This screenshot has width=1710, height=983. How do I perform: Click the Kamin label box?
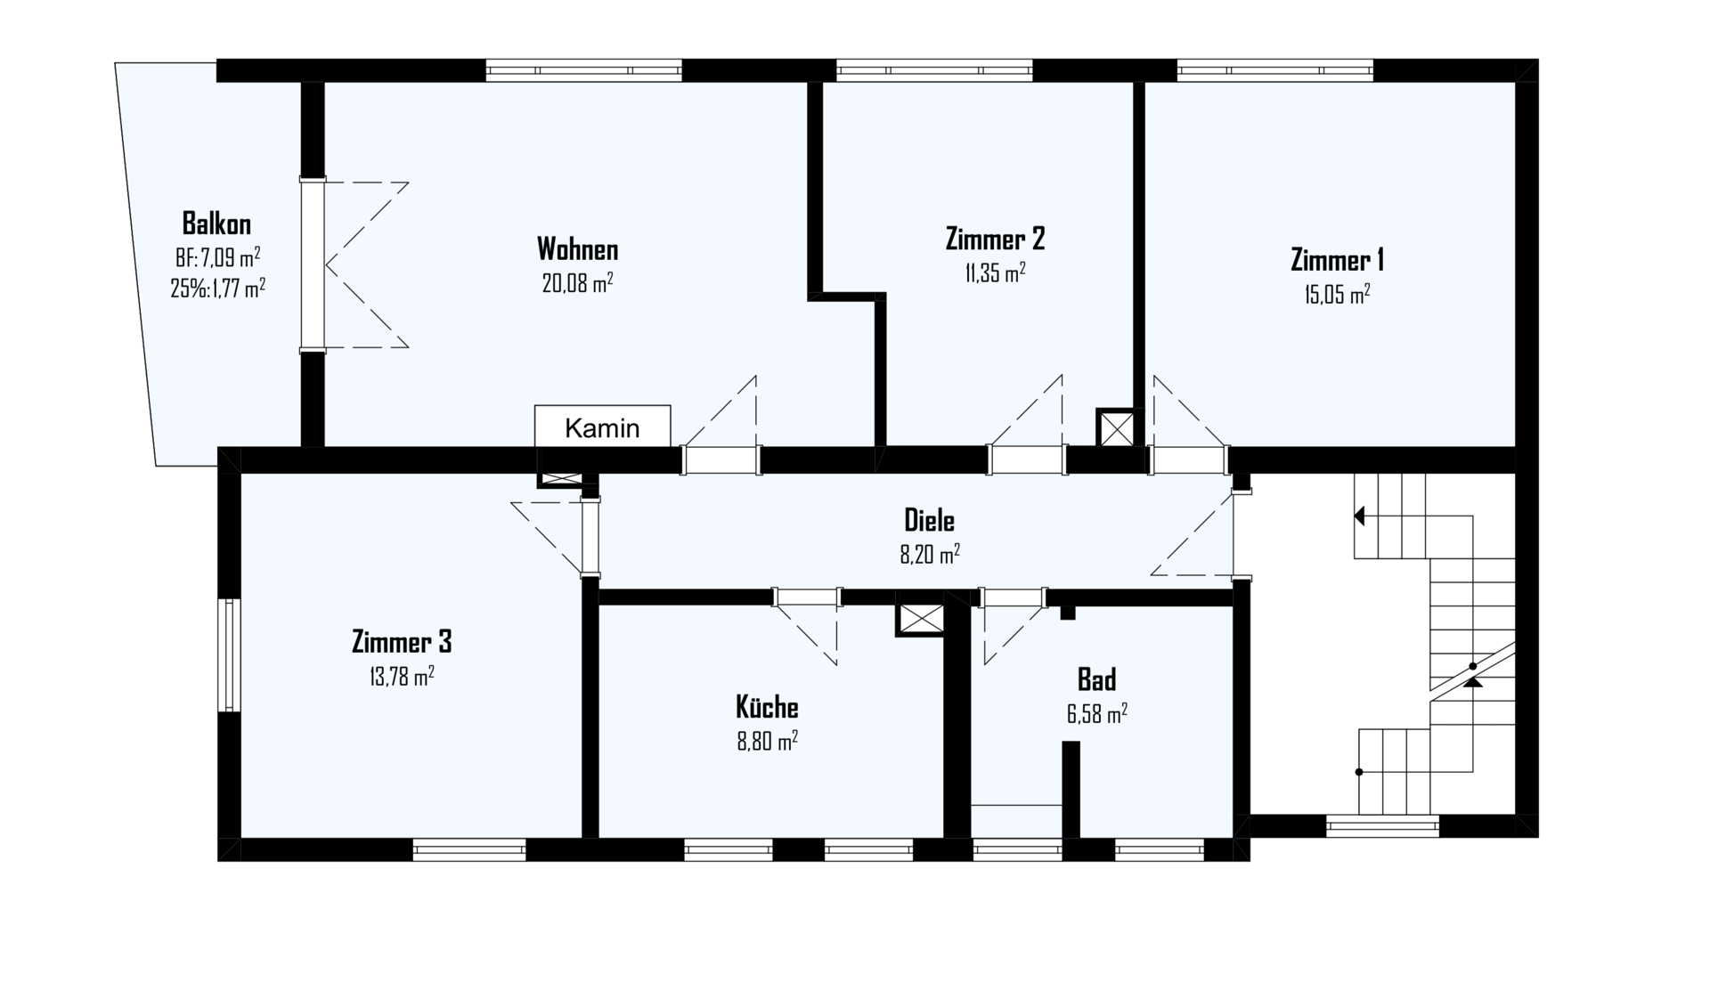[602, 427]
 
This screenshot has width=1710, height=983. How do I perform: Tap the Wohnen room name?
[577, 248]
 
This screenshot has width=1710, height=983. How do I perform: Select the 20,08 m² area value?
[577, 283]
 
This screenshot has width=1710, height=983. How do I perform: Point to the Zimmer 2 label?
[995, 239]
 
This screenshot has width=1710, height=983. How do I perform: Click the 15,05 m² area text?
[1337, 295]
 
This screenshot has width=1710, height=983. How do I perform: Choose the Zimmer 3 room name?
[401, 641]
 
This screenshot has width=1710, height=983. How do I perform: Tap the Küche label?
[767, 707]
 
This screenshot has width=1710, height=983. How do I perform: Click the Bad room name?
[1096, 679]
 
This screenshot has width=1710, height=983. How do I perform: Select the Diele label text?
[929, 520]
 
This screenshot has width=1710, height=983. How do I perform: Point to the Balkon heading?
[216, 223]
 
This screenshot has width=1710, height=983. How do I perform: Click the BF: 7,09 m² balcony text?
[217, 258]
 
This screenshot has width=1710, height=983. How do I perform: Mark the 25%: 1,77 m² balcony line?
[217, 288]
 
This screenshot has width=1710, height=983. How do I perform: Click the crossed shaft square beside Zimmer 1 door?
[1117, 429]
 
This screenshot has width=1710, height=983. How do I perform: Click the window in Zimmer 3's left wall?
[230, 654]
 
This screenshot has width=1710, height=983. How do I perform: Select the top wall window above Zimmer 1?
[1274, 70]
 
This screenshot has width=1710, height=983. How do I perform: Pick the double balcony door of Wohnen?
[312, 264]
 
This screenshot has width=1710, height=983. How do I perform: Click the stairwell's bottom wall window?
[1382, 826]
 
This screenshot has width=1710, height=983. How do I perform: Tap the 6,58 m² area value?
[1096, 714]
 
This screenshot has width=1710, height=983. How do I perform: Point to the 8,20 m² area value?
[929, 555]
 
